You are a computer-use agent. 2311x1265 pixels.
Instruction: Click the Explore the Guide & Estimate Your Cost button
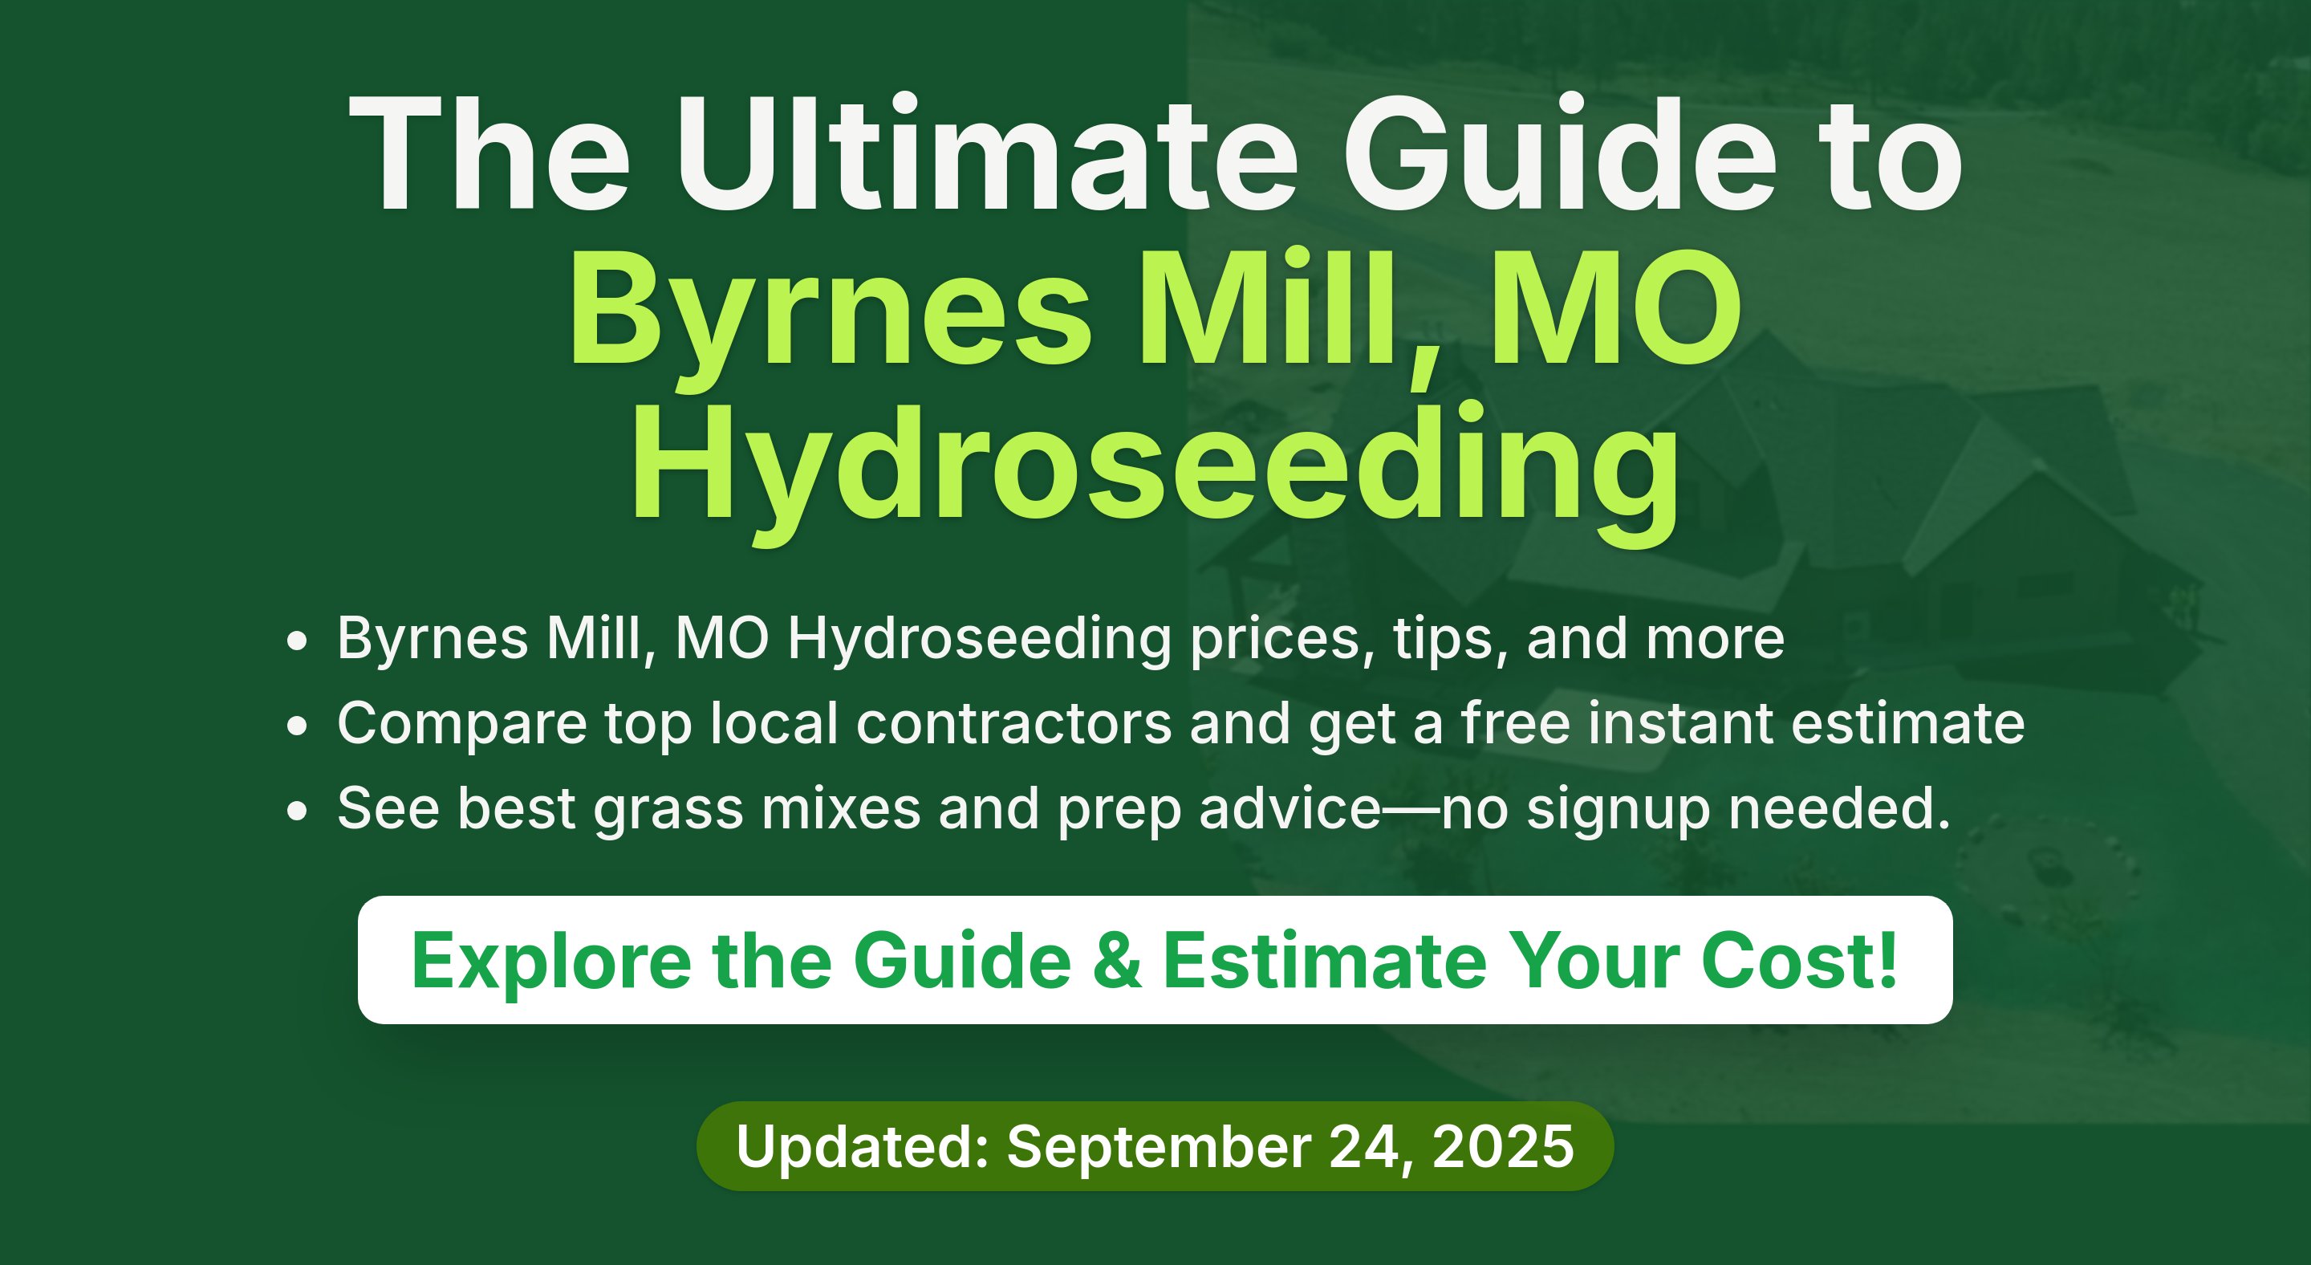tap(1155, 959)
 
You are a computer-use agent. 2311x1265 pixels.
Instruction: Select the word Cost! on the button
tap(1799, 960)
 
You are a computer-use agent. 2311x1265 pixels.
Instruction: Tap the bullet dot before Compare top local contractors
tap(297, 725)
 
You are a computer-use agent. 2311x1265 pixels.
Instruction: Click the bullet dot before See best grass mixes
tap(297, 810)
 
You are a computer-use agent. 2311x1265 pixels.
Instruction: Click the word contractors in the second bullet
tap(1013, 723)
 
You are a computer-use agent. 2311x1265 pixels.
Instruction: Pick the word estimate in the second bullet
tap(1908, 723)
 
